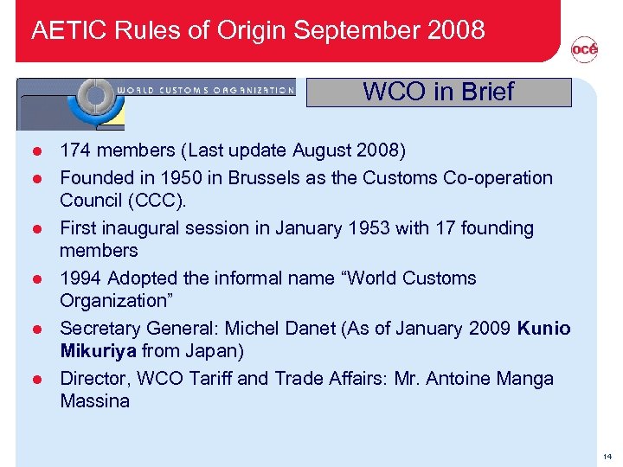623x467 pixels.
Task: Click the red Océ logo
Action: (584, 51)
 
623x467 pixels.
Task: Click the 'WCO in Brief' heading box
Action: (439, 92)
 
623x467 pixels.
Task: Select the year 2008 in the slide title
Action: (456, 30)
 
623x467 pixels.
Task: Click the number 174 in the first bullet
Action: (75, 150)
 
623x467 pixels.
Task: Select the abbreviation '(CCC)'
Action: (164, 200)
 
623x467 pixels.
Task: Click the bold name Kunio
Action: (544, 329)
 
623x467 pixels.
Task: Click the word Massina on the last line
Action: (94, 400)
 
